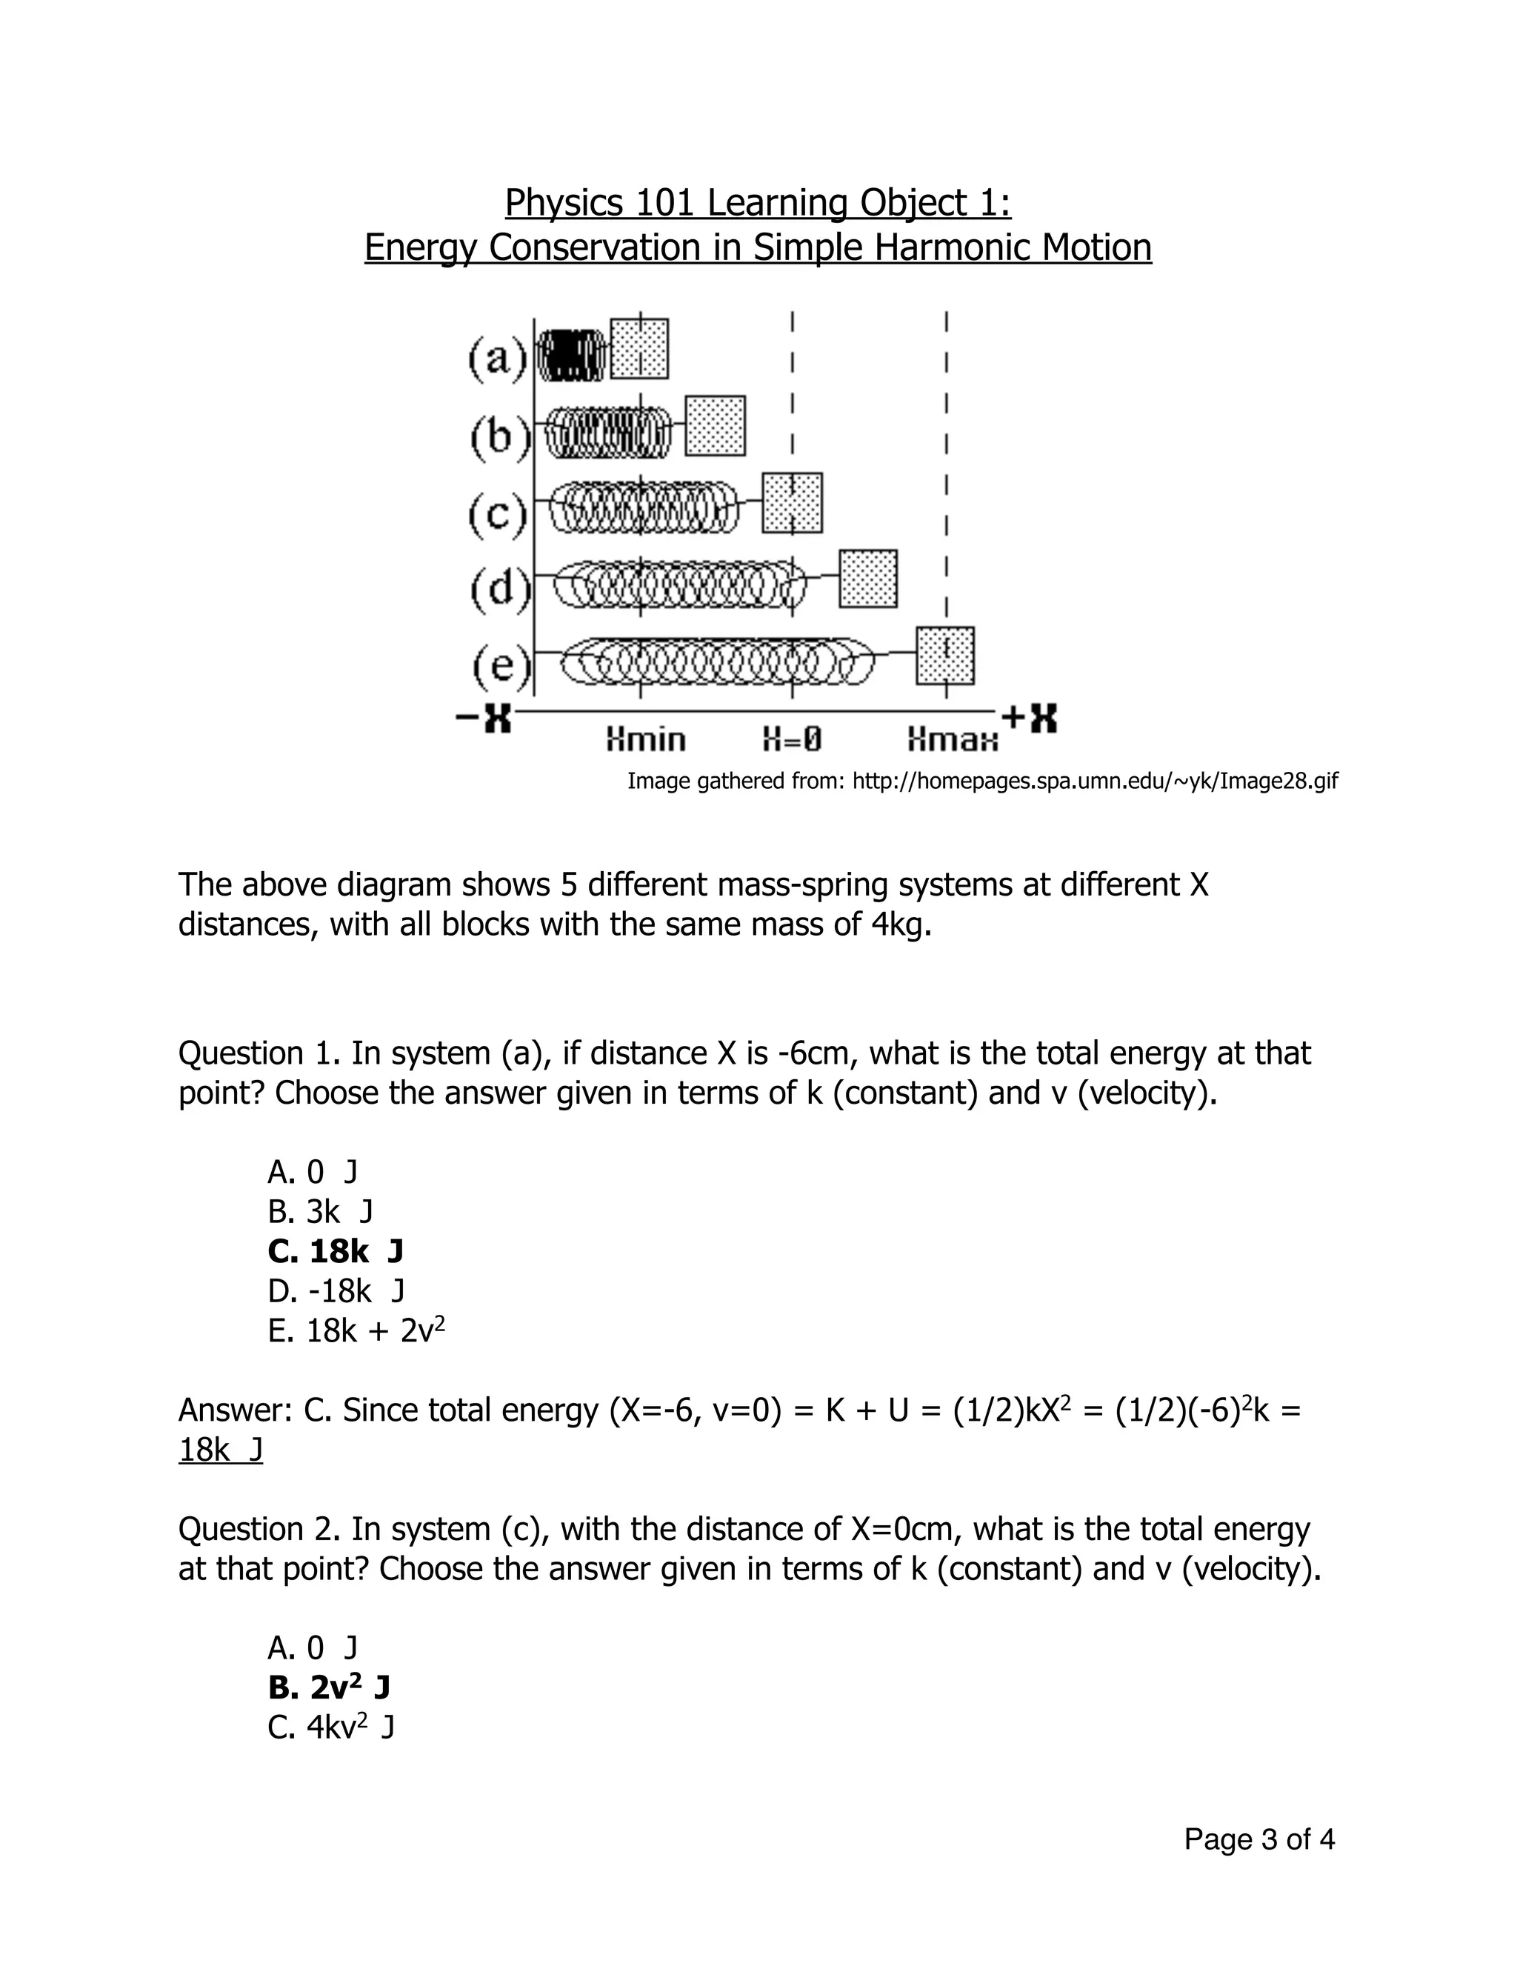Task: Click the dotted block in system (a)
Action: [x=639, y=349]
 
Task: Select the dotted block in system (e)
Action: [x=945, y=656]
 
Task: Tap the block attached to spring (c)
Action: [x=792, y=502]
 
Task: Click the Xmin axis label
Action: [x=645, y=740]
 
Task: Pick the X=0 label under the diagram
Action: [x=792, y=740]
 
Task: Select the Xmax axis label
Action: [x=952, y=741]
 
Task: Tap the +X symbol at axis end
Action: [x=1030, y=717]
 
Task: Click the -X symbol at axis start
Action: [x=484, y=717]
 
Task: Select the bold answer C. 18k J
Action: [x=336, y=1251]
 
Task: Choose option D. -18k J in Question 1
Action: [x=336, y=1290]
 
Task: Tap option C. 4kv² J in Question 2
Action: [x=330, y=1727]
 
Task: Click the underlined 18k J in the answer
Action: [x=220, y=1450]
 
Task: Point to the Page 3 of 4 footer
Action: [x=1258, y=1840]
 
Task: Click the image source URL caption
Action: [x=982, y=781]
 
